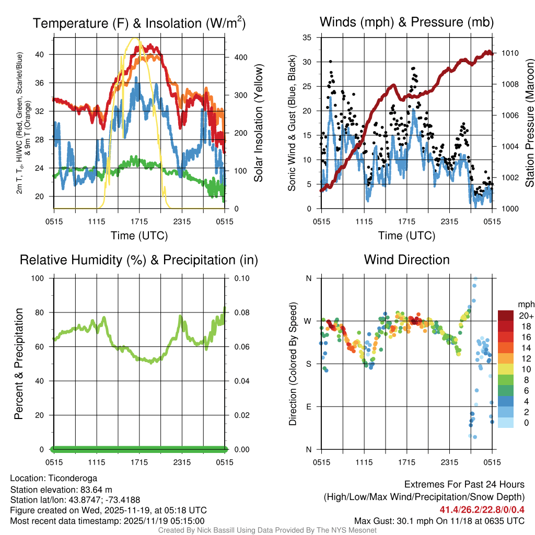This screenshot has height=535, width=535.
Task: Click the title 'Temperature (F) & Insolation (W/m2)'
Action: (x=139, y=23)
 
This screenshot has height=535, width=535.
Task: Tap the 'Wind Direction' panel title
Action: (x=406, y=259)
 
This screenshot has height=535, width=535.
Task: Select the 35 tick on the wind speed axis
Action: (x=307, y=37)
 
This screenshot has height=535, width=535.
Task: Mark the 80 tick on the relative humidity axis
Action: (x=43, y=312)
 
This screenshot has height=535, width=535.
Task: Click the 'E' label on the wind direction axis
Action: (x=308, y=406)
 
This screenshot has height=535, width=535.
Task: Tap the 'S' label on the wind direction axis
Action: (x=308, y=364)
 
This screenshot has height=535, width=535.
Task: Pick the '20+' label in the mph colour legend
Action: (x=525, y=316)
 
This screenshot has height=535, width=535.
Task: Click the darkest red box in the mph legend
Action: (x=506, y=316)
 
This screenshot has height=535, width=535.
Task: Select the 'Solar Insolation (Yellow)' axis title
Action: (x=258, y=123)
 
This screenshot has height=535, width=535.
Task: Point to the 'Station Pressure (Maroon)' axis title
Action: (x=529, y=123)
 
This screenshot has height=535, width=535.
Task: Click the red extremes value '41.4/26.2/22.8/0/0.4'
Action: (x=481, y=509)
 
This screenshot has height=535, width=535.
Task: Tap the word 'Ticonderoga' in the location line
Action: (x=69, y=478)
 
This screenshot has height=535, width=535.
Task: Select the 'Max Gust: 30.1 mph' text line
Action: (x=439, y=520)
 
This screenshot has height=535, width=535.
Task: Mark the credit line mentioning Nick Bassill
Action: (x=267, y=530)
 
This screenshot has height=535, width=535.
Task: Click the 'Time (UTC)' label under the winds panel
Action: (x=406, y=236)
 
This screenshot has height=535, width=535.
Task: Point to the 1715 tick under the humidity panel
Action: (x=139, y=462)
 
